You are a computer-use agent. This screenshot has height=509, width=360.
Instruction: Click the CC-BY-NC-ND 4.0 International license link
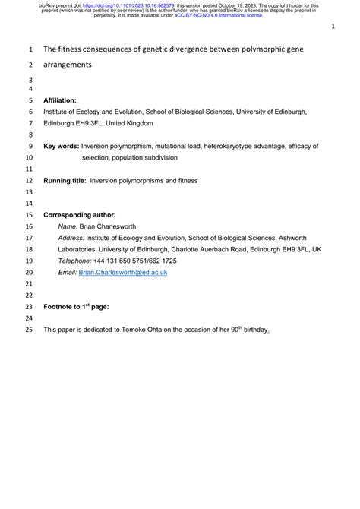coord(220,15)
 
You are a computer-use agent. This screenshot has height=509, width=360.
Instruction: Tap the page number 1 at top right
coord(333,26)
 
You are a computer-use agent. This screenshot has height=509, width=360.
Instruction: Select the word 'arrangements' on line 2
coord(68,65)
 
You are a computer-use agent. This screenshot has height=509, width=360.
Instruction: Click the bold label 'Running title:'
coord(65,181)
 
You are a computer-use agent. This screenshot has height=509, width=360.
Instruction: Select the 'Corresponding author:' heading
coord(80,215)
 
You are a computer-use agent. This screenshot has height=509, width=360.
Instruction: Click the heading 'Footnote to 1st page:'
coord(77,306)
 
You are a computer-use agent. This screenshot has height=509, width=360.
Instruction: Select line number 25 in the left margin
coord(30,330)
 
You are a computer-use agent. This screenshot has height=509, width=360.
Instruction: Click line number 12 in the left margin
coord(30,181)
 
